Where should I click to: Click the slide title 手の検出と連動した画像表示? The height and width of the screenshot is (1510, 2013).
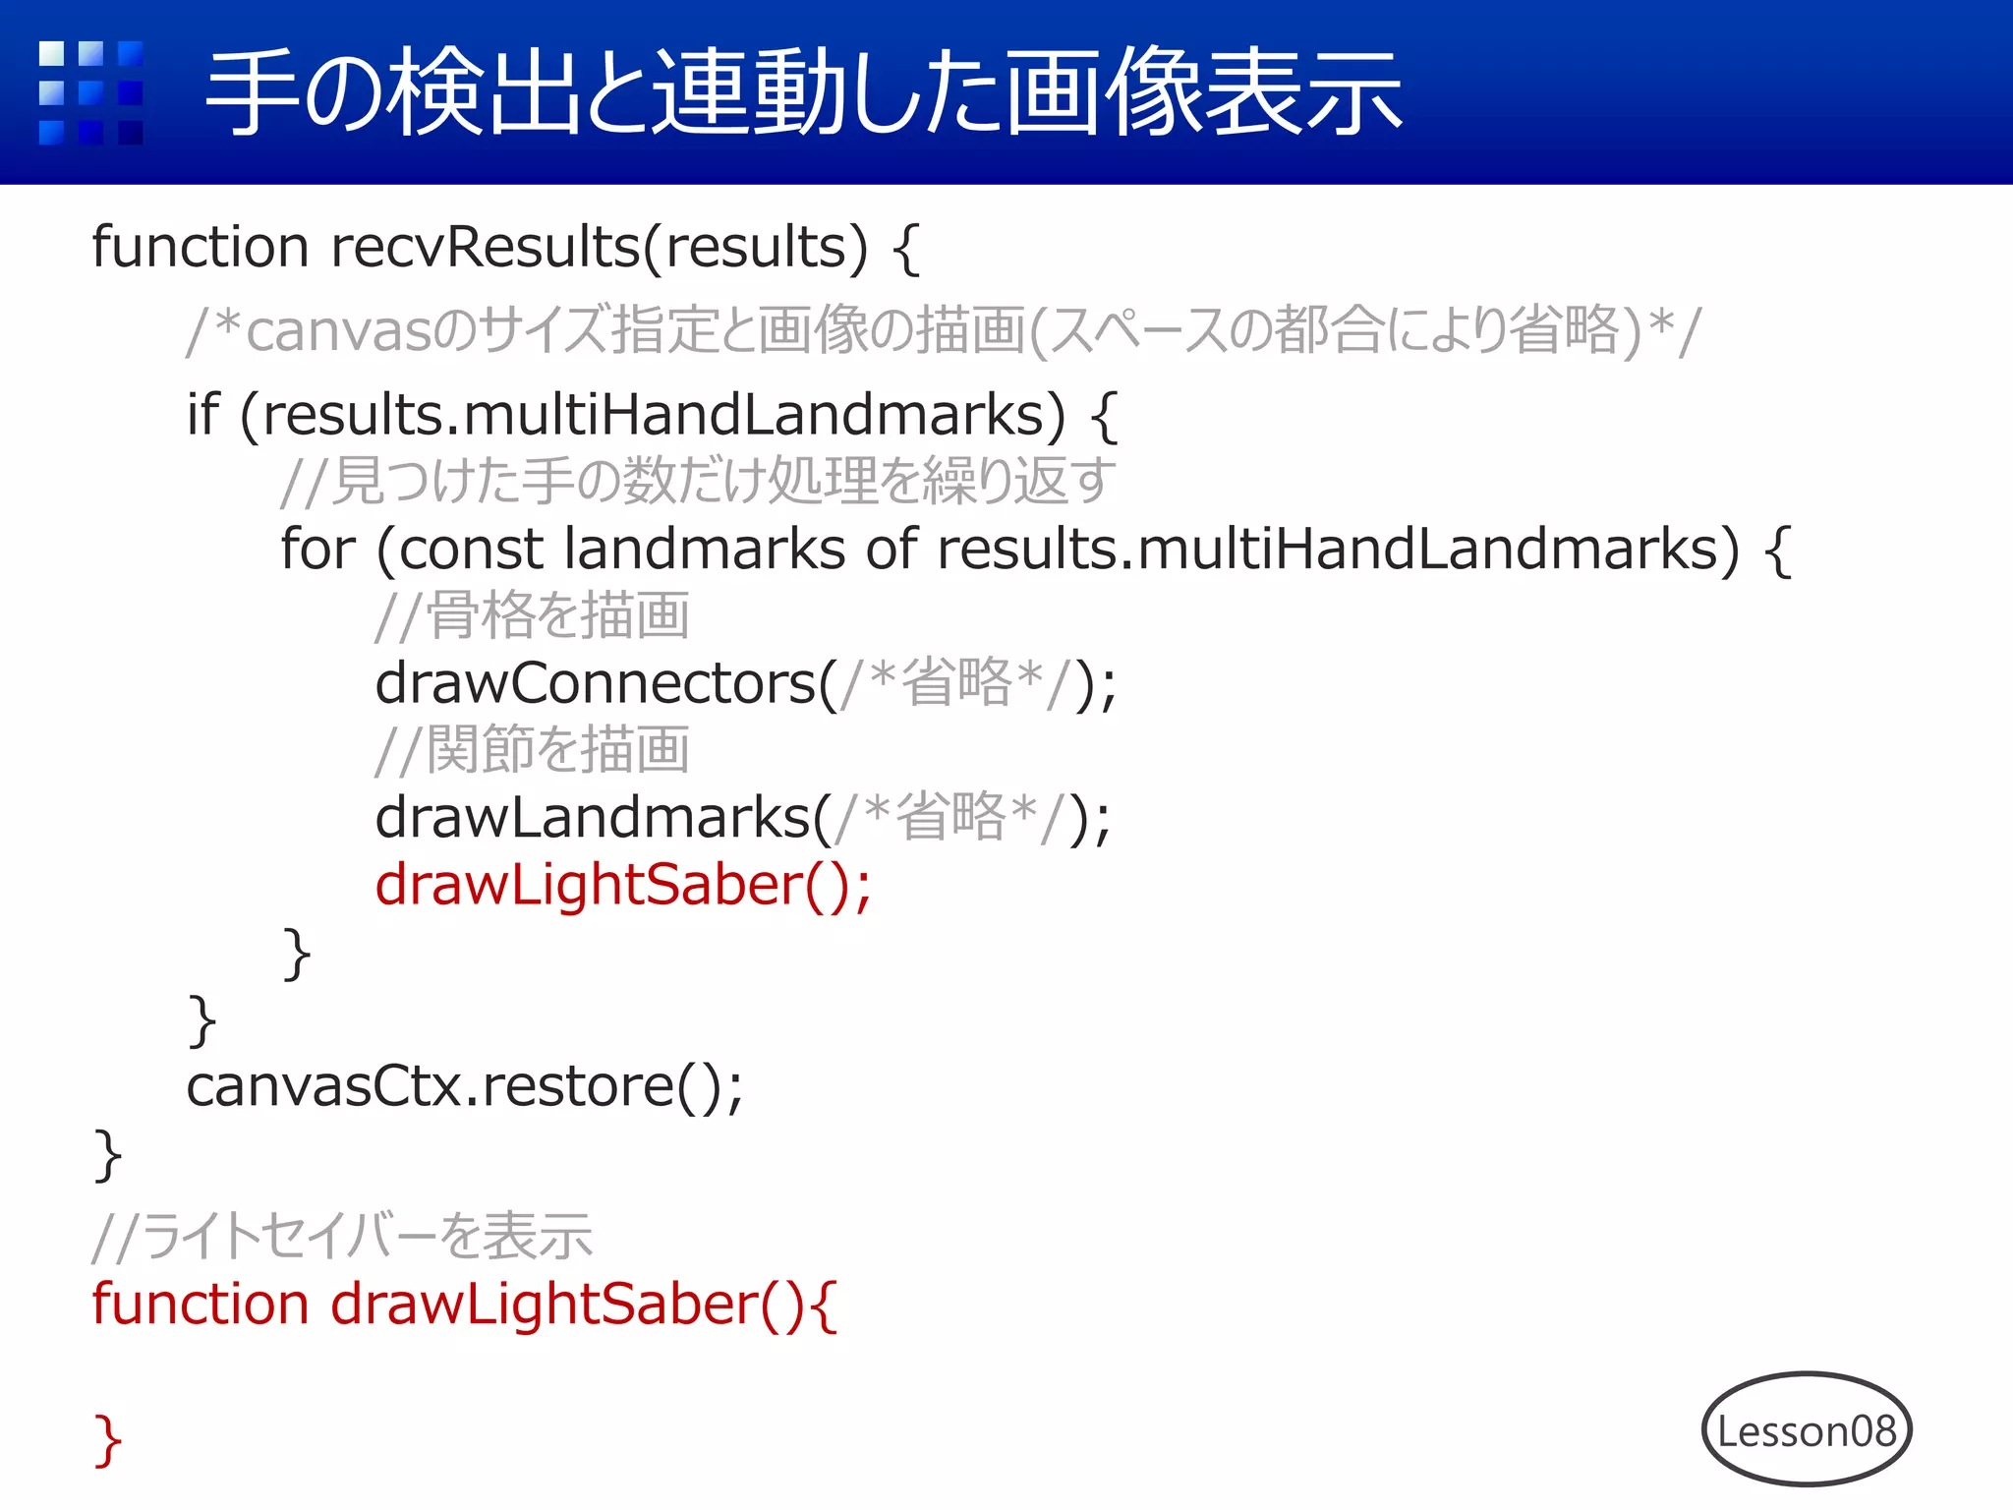click(x=803, y=93)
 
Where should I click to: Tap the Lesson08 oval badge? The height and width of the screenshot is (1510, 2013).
click(x=1807, y=1430)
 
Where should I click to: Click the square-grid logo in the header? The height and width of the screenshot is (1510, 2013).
click(x=90, y=92)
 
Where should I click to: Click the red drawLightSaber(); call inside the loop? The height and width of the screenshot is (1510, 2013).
click(x=622, y=885)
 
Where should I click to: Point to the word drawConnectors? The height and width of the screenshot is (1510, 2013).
click(x=596, y=683)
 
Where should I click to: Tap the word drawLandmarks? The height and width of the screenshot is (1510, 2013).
click(x=593, y=818)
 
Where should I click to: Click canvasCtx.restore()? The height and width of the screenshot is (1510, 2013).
click(x=464, y=1086)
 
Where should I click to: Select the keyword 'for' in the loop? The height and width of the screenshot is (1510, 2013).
click(x=316, y=549)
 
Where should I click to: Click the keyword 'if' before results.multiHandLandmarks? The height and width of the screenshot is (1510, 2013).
click(x=202, y=414)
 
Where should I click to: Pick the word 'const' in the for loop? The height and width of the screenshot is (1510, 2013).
click(x=471, y=549)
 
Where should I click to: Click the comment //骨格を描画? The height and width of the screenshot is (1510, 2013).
click(x=532, y=615)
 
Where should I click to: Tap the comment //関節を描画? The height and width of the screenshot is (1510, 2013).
click(x=532, y=750)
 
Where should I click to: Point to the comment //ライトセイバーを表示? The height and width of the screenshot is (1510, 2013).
click(x=342, y=1236)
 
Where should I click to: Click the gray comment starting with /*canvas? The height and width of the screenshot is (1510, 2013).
click(x=944, y=330)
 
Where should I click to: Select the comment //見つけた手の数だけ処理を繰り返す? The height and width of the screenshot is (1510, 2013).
click(x=698, y=481)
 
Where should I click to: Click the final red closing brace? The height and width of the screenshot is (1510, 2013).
click(x=107, y=1440)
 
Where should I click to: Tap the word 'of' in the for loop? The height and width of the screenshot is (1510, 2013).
click(x=891, y=549)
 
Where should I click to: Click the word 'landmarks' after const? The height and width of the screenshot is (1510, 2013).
click(x=704, y=549)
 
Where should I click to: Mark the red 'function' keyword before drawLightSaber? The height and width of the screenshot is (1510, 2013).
click(x=201, y=1305)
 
